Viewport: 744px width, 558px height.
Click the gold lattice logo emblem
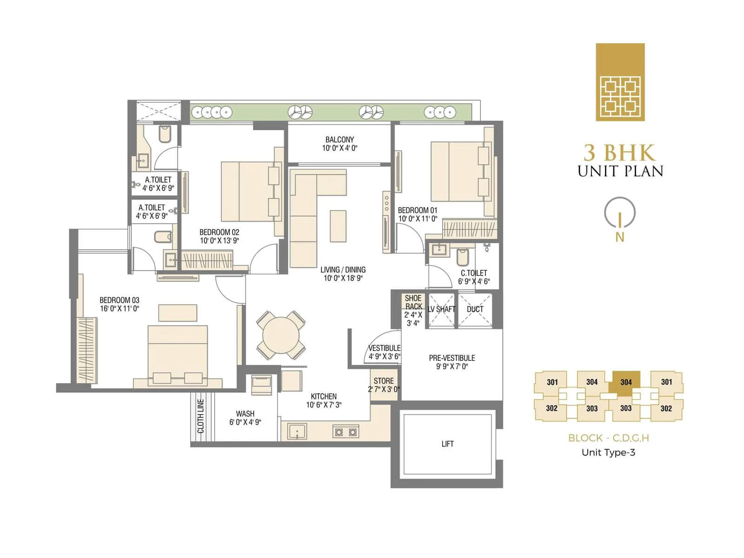620,82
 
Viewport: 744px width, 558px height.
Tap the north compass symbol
619,214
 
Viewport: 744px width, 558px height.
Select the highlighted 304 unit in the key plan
626,382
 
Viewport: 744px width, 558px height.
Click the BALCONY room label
339,139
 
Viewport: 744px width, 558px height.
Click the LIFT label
447,444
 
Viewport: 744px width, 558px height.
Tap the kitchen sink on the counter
297,431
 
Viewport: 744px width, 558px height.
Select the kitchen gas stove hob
346,432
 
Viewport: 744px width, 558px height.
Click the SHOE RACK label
413,302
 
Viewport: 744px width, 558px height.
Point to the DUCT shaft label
475,309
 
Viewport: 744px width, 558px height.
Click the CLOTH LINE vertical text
201,416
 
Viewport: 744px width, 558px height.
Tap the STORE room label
384,381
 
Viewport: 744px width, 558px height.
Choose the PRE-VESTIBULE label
452,358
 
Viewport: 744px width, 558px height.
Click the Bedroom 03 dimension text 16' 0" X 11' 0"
120,308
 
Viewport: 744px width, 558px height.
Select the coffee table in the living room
338,226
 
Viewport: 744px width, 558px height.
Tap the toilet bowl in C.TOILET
463,256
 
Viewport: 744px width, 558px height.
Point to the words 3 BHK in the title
619,153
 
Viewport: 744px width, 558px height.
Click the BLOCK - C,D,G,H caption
608,438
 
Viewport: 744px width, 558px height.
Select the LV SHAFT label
441,309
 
